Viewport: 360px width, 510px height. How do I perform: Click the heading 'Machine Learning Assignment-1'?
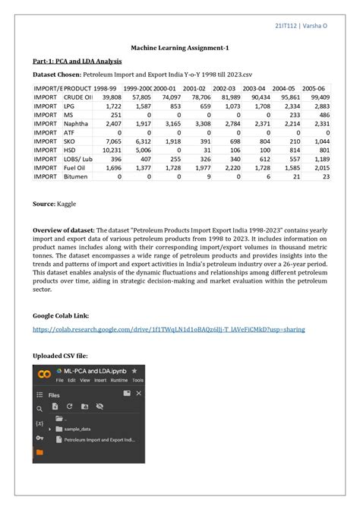click(x=179, y=48)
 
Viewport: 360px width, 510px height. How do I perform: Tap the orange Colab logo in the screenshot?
click(x=45, y=373)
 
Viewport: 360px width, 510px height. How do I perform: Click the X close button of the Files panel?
click(x=137, y=394)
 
